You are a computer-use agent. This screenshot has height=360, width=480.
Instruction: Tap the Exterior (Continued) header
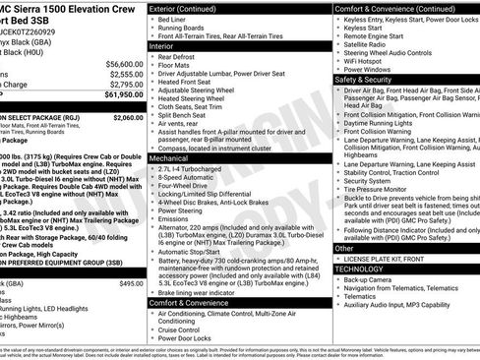click(190, 8)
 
